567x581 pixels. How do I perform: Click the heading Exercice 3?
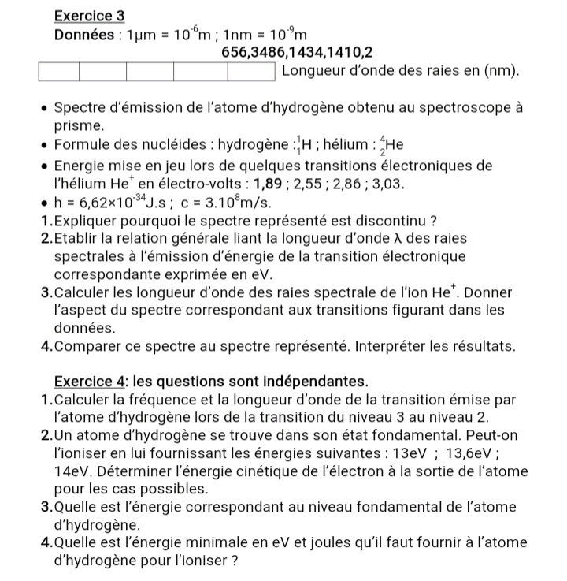click(90, 15)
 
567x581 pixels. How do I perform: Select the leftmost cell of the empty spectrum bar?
click(60, 73)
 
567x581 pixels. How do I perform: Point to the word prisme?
click(78, 125)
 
